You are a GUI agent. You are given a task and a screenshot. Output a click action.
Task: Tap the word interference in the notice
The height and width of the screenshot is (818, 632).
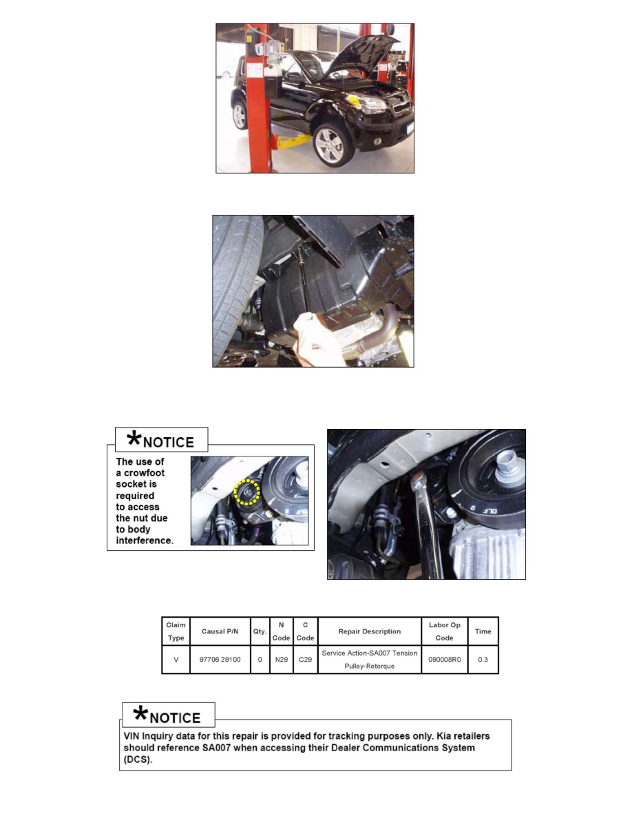(x=144, y=541)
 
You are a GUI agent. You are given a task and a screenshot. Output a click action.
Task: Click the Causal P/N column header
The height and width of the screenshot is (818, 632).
(x=219, y=631)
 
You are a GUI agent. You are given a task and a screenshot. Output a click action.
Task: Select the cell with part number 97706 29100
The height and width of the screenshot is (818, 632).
(x=219, y=660)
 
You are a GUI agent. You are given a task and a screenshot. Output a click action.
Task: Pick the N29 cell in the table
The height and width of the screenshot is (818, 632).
(x=281, y=660)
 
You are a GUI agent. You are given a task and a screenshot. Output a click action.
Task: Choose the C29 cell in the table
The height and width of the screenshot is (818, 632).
(x=305, y=660)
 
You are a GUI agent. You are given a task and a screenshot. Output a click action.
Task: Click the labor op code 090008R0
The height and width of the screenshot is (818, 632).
(x=444, y=660)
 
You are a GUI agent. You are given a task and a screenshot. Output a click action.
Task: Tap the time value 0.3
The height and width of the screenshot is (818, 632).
(x=483, y=660)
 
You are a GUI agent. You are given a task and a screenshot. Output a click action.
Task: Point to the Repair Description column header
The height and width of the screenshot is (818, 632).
(x=369, y=631)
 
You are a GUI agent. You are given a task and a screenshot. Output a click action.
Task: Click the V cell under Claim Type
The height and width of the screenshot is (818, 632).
(x=176, y=660)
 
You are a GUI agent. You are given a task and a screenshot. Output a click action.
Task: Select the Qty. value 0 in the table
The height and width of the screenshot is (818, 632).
(x=260, y=660)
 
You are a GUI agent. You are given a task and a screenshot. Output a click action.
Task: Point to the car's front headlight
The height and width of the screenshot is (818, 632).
(x=372, y=104)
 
